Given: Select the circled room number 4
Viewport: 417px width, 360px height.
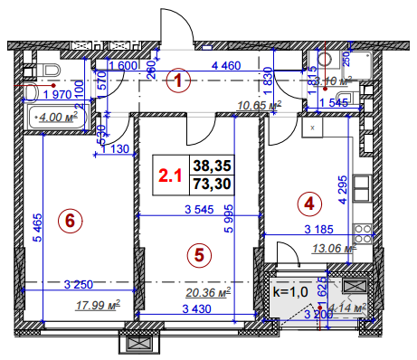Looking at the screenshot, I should point(309,204).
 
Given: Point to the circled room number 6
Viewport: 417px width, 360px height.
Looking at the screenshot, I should point(68,218).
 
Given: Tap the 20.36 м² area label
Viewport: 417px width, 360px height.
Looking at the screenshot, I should point(207,291).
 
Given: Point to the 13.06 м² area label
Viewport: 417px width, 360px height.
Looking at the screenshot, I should point(333,251).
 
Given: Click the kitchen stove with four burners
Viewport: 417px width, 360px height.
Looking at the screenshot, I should point(362,237).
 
